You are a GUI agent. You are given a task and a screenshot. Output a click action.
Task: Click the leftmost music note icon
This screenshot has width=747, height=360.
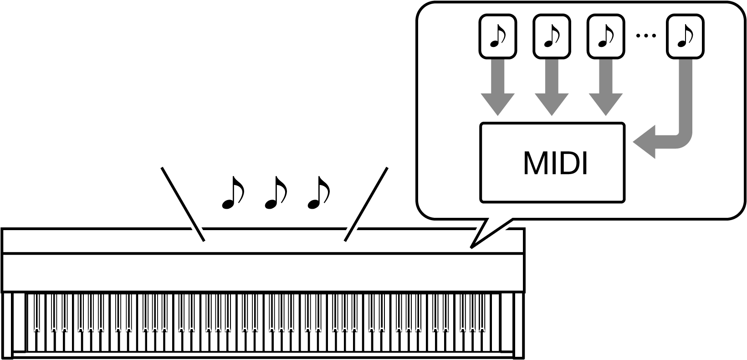pos(497,36)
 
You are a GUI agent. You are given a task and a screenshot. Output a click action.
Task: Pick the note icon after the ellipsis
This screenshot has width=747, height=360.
pos(685,36)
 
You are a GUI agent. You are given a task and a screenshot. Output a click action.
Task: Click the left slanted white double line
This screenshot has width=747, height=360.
pos(183,204)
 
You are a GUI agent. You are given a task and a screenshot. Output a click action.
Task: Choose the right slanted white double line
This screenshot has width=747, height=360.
pos(366,204)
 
